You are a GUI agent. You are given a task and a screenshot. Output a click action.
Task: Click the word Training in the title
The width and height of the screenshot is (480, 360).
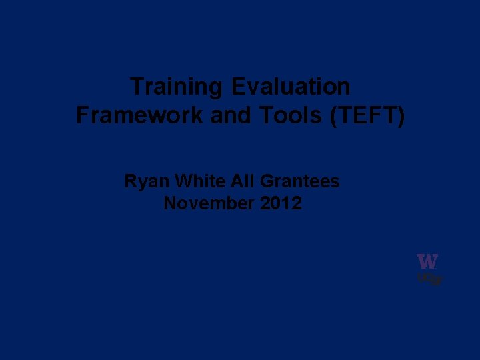[177, 87]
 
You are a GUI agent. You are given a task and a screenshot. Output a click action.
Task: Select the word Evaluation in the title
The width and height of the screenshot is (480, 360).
[291, 87]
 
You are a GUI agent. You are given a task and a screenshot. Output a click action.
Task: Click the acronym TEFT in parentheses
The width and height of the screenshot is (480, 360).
[367, 115]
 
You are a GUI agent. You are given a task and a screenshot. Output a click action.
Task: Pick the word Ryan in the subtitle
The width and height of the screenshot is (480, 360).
[143, 181]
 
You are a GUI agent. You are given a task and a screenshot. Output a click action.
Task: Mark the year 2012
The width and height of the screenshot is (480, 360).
[281, 203]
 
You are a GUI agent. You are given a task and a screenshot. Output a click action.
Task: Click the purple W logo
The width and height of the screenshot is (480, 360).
[427, 261]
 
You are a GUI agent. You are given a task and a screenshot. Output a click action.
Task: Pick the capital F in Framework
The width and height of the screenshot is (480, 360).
[83, 115]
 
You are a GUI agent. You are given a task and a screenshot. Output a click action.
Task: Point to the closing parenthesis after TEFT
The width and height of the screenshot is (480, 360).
[401, 115]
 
